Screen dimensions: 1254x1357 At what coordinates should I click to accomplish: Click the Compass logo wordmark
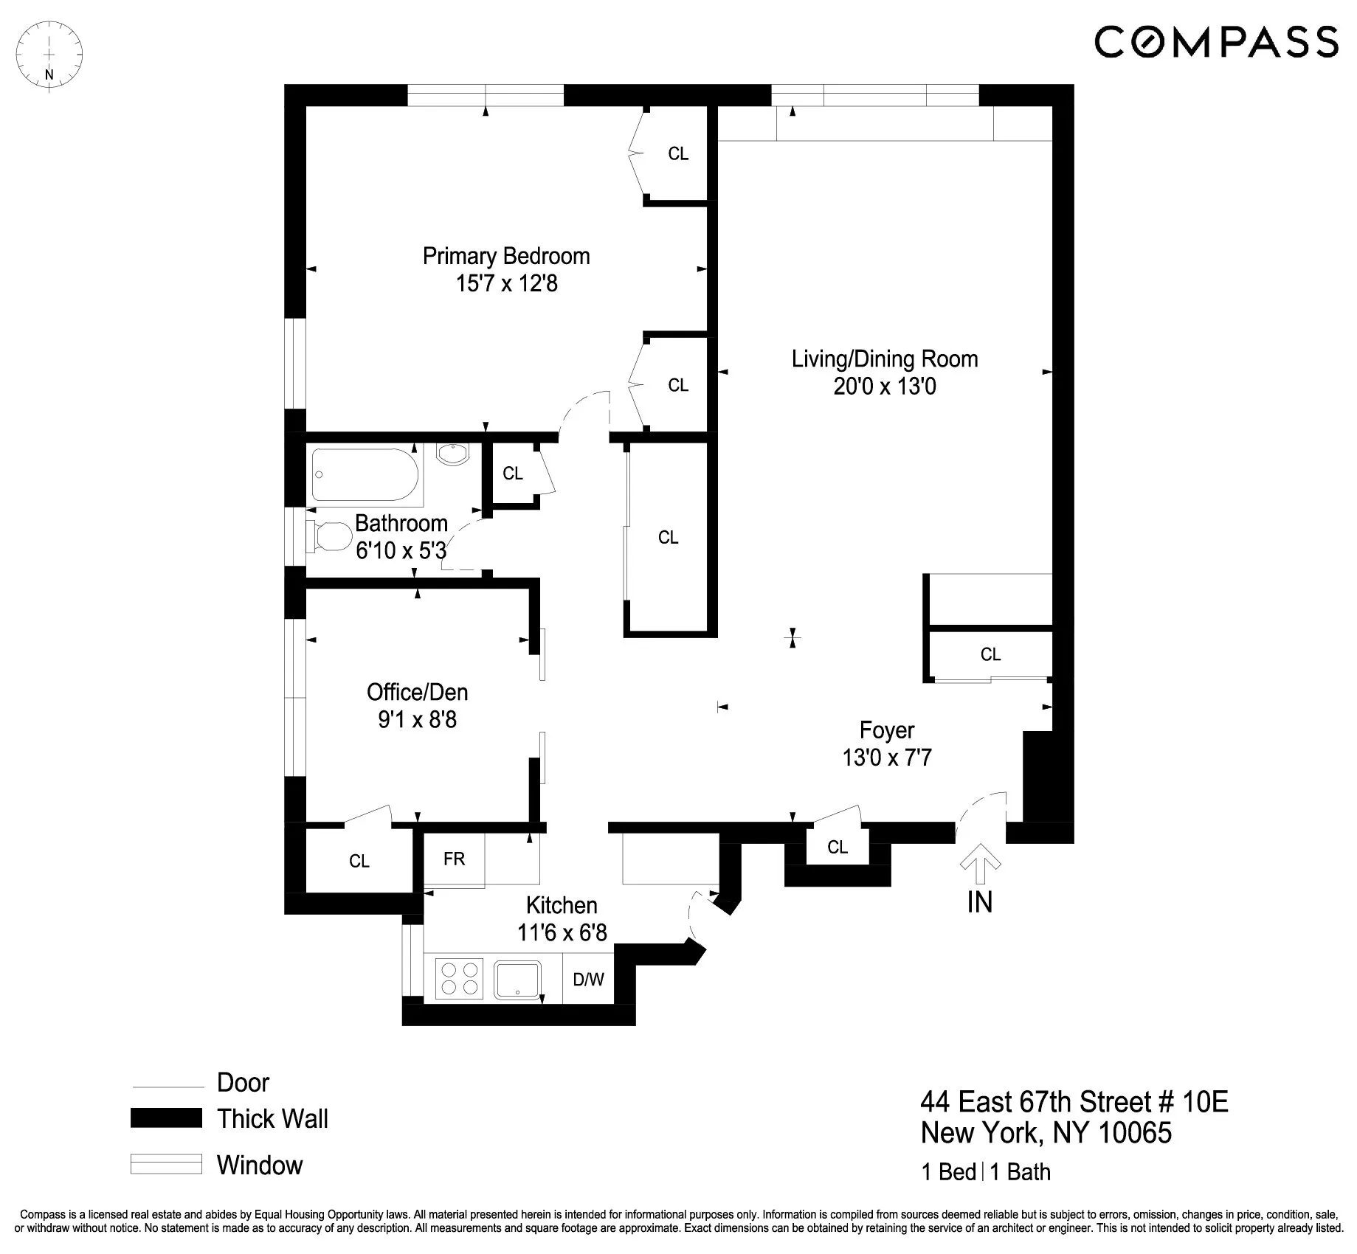click(x=1215, y=41)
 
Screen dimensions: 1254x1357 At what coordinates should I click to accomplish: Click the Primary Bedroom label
click(x=506, y=256)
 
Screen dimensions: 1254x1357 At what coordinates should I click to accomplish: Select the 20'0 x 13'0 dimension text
click(x=884, y=387)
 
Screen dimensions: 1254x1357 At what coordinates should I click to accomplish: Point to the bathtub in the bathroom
click(x=365, y=475)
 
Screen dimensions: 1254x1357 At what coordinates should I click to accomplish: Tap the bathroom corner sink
click(x=452, y=453)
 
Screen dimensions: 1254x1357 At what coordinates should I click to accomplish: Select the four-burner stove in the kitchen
click(x=459, y=978)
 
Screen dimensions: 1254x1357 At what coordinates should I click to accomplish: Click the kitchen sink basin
click(x=518, y=978)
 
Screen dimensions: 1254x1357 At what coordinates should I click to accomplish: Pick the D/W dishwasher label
click(x=588, y=980)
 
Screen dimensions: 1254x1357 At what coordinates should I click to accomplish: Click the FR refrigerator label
click(x=454, y=859)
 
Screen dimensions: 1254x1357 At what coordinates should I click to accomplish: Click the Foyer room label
click(x=886, y=730)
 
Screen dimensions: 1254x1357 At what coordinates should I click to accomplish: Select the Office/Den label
click(x=417, y=692)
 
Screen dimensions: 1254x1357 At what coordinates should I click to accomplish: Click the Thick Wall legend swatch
click(x=166, y=1118)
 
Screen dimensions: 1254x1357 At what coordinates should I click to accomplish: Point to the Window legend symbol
click(x=166, y=1164)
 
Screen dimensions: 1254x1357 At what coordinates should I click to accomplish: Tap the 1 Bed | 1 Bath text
click(x=985, y=1172)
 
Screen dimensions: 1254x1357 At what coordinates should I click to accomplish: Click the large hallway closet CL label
click(x=668, y=538)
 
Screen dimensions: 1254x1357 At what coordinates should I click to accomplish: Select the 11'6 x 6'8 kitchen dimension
click(x=562, y=933)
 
